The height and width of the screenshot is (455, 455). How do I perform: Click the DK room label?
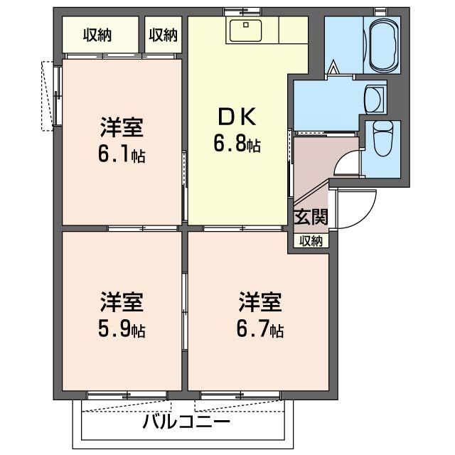[237, 117]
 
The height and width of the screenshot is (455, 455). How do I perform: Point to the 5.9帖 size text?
[122, 330]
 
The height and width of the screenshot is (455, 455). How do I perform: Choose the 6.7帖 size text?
[260, 330]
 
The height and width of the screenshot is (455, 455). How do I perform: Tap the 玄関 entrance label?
[311, 217]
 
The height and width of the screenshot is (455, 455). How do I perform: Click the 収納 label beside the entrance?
[311, 241]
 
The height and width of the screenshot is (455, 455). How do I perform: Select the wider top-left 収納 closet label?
[97, 35]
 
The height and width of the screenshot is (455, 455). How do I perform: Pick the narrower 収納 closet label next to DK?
[163, 35]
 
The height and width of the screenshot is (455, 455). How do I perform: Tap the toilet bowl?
[383, 139]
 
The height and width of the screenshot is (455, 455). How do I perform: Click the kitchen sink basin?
[246, 31]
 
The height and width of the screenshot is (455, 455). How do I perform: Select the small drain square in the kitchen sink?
[246, 25]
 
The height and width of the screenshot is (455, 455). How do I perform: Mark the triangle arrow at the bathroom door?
[333, 66]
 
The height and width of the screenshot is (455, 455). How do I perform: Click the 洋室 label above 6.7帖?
[260, 302]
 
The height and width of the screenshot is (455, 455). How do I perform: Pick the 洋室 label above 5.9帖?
[122, 302]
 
